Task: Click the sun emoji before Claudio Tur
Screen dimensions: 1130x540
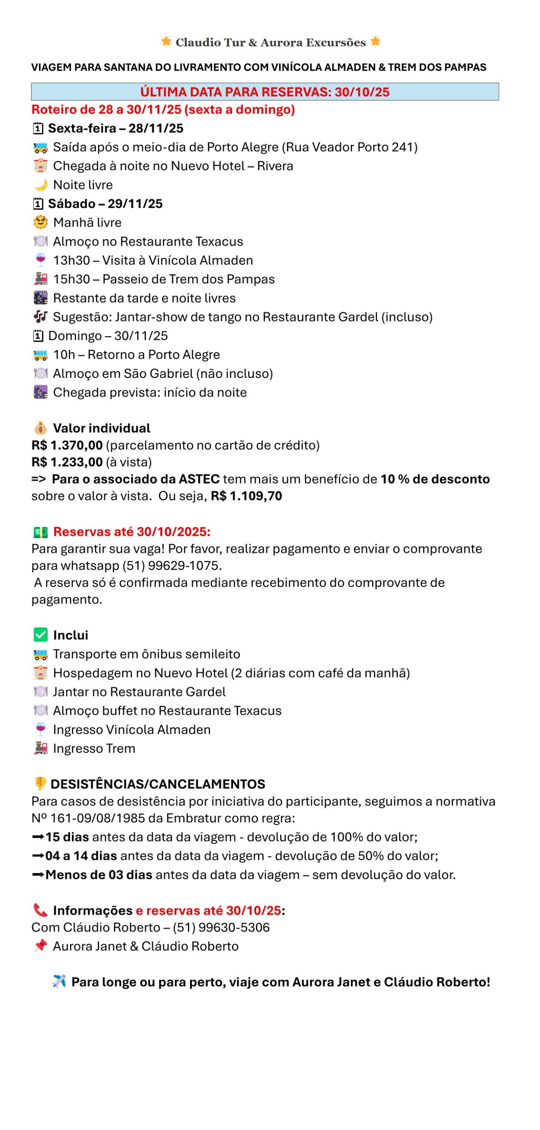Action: (166, 41)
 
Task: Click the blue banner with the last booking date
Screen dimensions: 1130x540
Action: (265, 92)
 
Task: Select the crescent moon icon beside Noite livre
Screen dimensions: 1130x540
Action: (41, 185)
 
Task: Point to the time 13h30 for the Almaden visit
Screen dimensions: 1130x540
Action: (71, 260)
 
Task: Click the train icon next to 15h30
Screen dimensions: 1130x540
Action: (41, 279)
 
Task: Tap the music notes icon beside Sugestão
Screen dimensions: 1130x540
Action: (41, 317)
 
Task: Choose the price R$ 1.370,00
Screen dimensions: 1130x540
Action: (67, 445)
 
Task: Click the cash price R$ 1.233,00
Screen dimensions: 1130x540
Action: (67, 462)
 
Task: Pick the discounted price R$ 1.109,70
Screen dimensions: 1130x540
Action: (246, 496)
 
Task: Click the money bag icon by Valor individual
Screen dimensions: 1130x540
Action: (41, 428)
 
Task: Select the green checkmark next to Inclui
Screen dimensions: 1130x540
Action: (41, 635)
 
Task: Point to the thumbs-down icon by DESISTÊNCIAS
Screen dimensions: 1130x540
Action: (40, 784)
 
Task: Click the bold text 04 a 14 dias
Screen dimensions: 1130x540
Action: (81, 856)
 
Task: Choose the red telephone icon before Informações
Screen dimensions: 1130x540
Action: (41, 910)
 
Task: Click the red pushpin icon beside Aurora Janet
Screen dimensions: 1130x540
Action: (41, 946)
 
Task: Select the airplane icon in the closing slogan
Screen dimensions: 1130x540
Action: (59, 981)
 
